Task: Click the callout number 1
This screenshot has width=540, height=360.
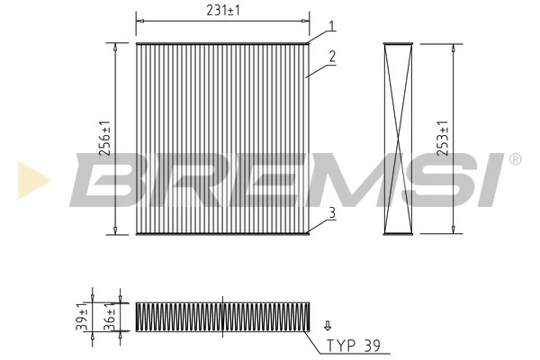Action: [x=332, y=26]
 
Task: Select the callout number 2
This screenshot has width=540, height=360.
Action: [x=332, y=56]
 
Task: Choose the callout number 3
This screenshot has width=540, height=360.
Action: [x=332, y=212]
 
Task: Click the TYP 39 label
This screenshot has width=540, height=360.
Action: [x=354, y=345]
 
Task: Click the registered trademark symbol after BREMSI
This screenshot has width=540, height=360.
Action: [x=514, y=159]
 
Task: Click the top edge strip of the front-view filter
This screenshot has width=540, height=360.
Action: [x=221, y=42]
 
